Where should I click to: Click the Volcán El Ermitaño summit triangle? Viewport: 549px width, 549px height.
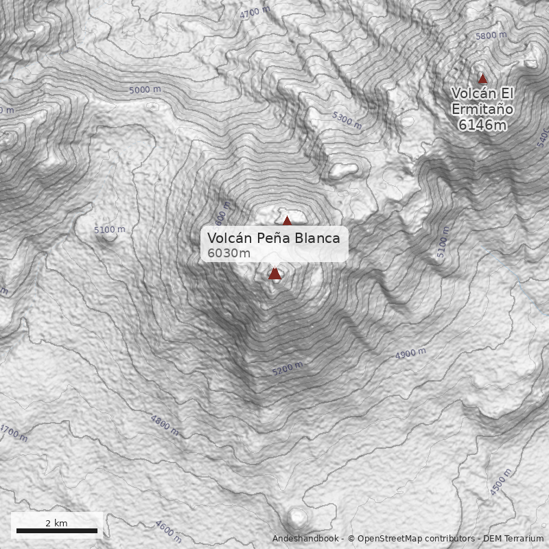482,79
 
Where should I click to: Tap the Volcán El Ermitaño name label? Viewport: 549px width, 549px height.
482,101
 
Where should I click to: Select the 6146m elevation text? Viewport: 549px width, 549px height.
482,125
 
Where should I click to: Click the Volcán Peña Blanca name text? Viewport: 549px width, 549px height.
274,238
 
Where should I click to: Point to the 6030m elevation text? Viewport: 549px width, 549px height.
229,253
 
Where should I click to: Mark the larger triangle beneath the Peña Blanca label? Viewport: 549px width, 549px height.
275,274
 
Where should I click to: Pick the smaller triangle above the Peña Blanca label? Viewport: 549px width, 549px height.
287,220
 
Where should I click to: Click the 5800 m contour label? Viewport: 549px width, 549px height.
491,36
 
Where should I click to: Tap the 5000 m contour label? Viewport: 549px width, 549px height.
145,90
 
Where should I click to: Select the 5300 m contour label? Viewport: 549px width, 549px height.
347,120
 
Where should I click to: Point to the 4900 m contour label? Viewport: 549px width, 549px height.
410,354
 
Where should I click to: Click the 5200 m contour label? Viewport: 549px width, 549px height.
287,369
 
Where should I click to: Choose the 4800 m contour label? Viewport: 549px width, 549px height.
165,425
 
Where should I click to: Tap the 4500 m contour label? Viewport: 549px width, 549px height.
501,482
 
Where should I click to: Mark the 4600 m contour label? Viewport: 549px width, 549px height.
168,530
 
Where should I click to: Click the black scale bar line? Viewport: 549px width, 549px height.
57,530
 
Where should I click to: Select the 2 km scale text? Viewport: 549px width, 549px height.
56,523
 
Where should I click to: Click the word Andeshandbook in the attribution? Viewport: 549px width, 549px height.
305,539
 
